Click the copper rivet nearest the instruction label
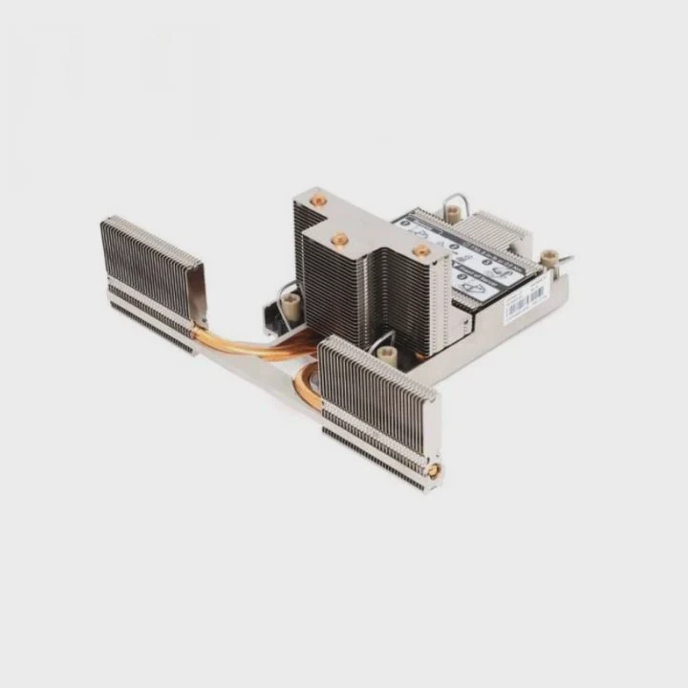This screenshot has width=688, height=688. pyautogui.click(x=420, y=251)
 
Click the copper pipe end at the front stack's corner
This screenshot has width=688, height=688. pyautogui.click(x=435, y=469)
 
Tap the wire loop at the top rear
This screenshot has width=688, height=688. pyautogui.click(x=454, y=204)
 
